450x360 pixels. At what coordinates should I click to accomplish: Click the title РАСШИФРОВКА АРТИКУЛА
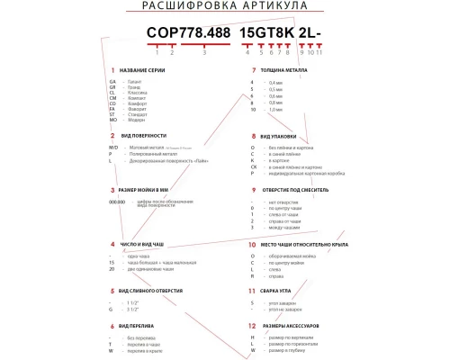pyautogui.click(x=224, y=7)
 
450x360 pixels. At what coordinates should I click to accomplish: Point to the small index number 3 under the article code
pyautogui.click(x=205, y=53)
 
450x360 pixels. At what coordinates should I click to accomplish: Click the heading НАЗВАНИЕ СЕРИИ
pyautogui.click(x=144, y=70)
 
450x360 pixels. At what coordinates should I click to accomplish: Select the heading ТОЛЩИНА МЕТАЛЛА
pyautogui.click(x=289, y=70)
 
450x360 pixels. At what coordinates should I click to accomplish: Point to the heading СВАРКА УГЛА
pyautogui.click(x=283, y=292)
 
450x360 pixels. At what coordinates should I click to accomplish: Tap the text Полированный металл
pyautogui.click(x=152, y=154)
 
